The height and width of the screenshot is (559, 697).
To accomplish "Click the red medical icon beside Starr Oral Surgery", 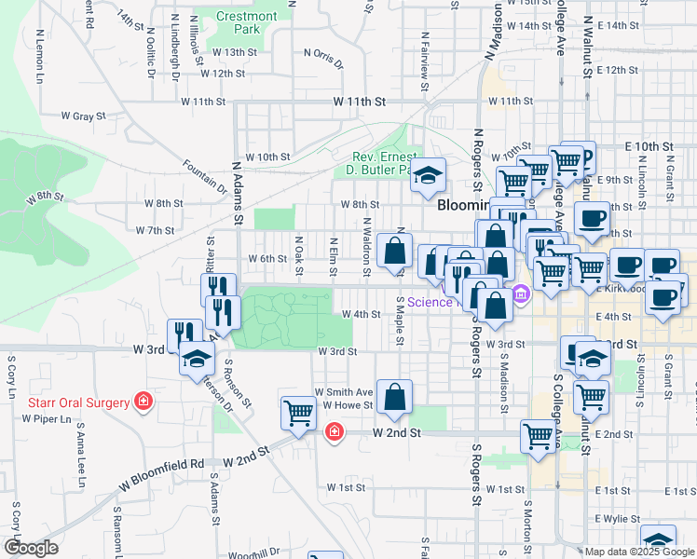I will point(143,402).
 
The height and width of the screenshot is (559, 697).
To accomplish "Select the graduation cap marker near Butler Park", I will point(428,174).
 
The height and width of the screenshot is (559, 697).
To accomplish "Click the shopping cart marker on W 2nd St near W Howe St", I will point(298,412).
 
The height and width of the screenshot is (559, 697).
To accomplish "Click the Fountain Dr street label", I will point(205,174).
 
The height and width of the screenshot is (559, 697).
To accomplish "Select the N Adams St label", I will point(237,193).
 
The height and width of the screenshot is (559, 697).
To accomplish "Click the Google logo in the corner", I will point(32,548).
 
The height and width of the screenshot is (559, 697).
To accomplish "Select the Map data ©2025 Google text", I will point(639,552).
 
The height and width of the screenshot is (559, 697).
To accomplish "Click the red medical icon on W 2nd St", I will point(334,432).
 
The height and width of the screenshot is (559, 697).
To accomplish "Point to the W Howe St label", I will point(348,404).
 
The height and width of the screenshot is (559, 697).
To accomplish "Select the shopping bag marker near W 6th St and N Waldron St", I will point(395,250).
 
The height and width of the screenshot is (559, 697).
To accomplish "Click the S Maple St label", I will point(399,320).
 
